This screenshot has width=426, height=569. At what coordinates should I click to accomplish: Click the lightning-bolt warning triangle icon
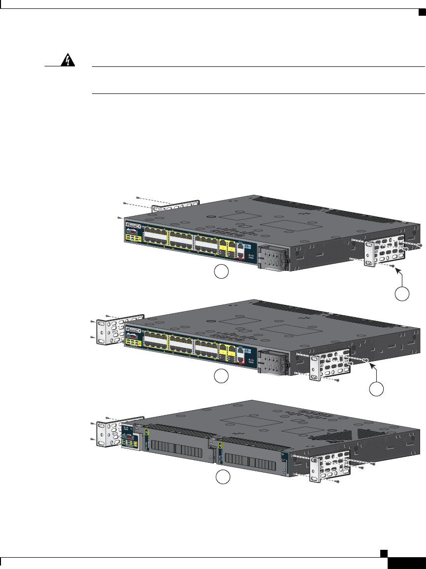pos(64,60)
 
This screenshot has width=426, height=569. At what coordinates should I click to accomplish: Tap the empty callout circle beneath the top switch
pos(221,272)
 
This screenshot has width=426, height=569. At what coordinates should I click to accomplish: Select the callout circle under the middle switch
pos(221,377)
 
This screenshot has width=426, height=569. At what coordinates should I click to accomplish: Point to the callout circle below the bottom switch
pos(223,477)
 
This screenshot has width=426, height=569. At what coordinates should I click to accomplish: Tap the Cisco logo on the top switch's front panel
pos(251,258)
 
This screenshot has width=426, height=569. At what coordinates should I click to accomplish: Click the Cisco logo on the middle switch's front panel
pos(251,362)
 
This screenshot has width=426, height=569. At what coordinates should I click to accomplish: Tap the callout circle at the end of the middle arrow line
pos(377,389)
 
